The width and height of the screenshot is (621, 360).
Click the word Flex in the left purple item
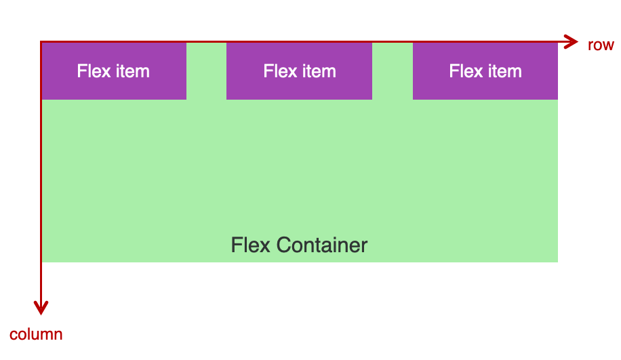pyautogui.click(x=94, y=71)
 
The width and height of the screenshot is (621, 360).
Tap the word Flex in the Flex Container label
pyautogui.click(x=251, y=245)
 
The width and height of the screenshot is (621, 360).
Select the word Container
pyautogui.click(x=322, y=245)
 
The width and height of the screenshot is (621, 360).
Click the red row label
pyautogui.click(x=601, y=45)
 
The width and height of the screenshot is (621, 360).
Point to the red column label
pyautogui.click(x=36, y=335)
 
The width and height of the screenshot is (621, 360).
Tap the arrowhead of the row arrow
pyautogui.click(x=571, y=41)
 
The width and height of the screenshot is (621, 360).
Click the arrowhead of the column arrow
pyautogui.click(x=41, y=308)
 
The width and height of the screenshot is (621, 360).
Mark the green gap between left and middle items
pyautogui.click(x=206, y=71)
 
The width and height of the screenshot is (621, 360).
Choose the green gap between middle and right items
pyautogui.click(x=393, y=71)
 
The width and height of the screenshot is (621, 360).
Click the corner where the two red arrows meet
pyautogui.click(x=41, y=41)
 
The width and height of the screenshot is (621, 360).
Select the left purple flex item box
pyautogui.click(x=114, y=71)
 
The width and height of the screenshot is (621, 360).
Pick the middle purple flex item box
pyautogui.click(x=300, y=71)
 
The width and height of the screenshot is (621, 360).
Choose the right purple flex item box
pyautogui.click(x=485, y=71)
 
